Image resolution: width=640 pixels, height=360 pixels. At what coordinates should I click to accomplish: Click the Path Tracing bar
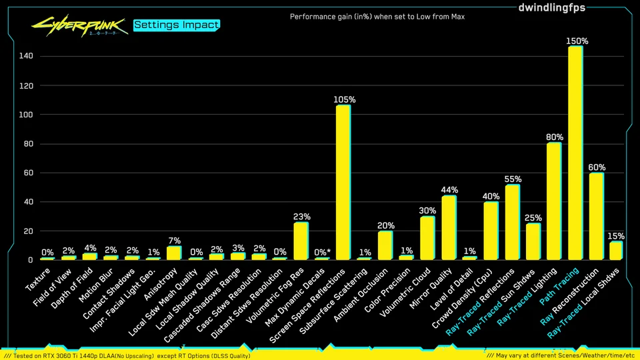point(575,153)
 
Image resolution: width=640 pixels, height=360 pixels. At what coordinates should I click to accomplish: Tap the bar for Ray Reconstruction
point(596,217)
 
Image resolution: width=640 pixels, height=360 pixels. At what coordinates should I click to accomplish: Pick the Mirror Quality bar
point(449,228)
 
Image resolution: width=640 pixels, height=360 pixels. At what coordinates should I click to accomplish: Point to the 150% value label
point(577,41)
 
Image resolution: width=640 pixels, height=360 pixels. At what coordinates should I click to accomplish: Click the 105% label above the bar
point(344,99)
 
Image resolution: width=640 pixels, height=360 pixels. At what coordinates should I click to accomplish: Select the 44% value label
point(450,190)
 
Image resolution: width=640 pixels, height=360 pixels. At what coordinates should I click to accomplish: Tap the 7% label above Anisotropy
point(174,240)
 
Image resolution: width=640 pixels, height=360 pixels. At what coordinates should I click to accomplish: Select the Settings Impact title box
point(176,25)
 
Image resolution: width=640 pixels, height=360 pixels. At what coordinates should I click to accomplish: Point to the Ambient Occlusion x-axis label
point(363,293)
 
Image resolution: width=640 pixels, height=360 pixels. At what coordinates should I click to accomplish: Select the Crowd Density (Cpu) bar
point(491,231)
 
